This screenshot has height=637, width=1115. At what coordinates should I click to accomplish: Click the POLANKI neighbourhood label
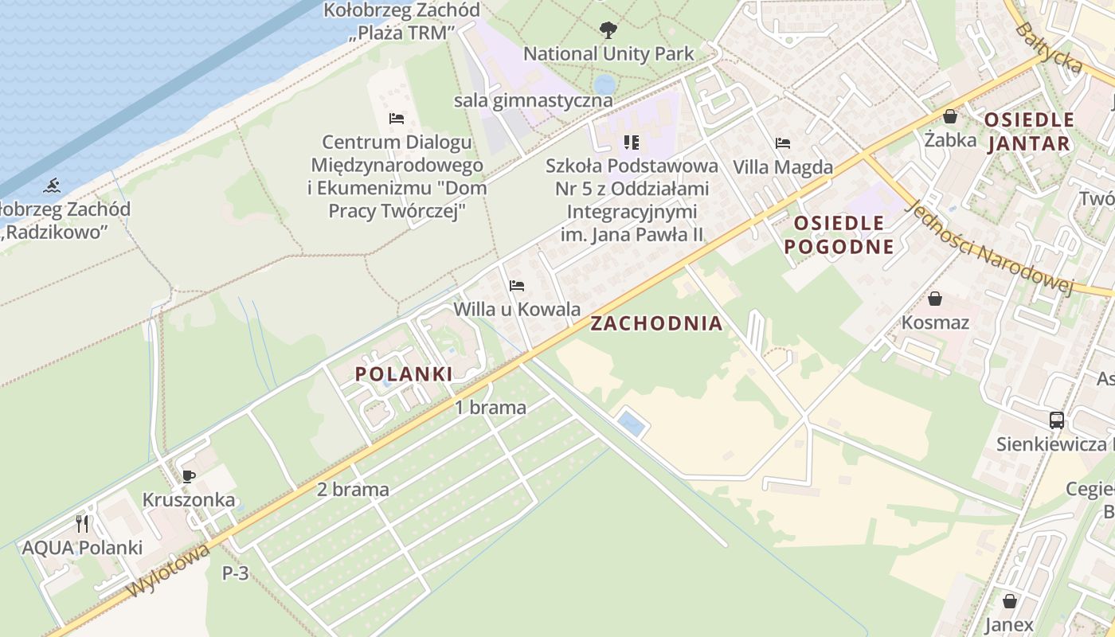(404, 373)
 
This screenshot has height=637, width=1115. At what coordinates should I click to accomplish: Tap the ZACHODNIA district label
(656, 323)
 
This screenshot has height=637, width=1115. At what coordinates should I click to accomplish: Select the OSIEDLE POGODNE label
(839, 234)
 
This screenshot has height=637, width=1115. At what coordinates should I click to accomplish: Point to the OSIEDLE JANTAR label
(1029, 131)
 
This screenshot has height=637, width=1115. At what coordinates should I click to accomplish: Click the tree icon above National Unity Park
(608, 31)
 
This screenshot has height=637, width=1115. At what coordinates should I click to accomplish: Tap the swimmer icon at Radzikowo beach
(53, 187)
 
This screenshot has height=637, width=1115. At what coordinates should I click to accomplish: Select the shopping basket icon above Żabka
(950, 116)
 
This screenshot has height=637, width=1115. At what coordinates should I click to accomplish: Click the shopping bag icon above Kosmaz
(935, 299)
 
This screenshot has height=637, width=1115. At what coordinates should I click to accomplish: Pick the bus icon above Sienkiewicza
(1057, 420)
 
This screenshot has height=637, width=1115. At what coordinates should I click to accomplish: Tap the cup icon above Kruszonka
(188, 477)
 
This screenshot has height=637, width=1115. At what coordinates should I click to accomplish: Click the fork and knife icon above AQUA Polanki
(82, 523)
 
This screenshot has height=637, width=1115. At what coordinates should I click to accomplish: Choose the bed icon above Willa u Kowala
(517, 285)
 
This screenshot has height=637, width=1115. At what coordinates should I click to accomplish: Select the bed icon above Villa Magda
(783, 143)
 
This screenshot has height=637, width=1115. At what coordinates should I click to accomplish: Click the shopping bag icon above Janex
(1010, 601)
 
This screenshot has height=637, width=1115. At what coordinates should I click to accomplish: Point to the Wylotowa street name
(169, 570)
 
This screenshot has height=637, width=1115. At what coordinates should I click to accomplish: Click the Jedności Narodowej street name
(992, 247)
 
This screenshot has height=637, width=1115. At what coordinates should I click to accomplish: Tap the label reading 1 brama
(491, 408)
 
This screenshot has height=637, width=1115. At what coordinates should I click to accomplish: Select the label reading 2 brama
(353, 489)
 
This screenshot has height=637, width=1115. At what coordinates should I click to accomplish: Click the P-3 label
(236, 573)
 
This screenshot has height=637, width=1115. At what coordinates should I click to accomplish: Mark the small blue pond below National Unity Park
(604, 84)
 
